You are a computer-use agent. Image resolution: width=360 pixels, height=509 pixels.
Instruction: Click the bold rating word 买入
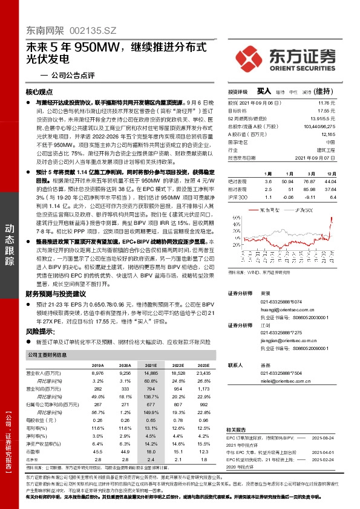pyautogui.click(x=264, y=91)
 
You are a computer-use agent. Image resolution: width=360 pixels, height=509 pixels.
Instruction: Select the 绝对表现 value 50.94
pyautogui.click(x=288, y=181)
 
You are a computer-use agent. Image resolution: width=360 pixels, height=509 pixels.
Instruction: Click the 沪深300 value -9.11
pyautogui.click(x=309, y=197)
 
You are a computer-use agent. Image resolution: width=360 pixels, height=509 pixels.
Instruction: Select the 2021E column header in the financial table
pyautogui.click(x=151, y=366)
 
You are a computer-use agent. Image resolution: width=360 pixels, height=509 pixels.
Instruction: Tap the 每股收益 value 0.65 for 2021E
pyautogui.click(x=151, y=420)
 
